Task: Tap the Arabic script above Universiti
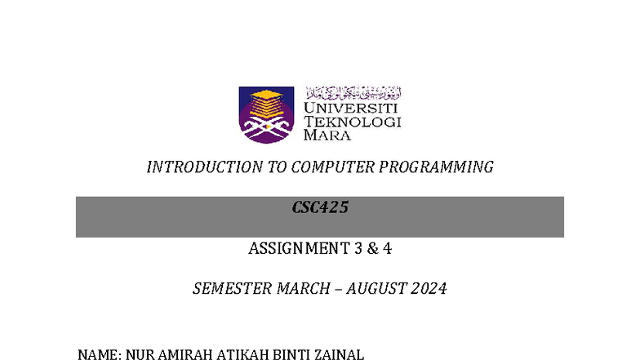click(353, 92)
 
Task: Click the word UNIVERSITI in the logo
click(350, 107)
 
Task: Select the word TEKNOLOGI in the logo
click(352, 122)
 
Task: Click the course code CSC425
click(320, 208)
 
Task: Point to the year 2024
click(429, 289)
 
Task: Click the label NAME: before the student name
click(99, 354)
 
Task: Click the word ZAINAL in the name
click(338, 354)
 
